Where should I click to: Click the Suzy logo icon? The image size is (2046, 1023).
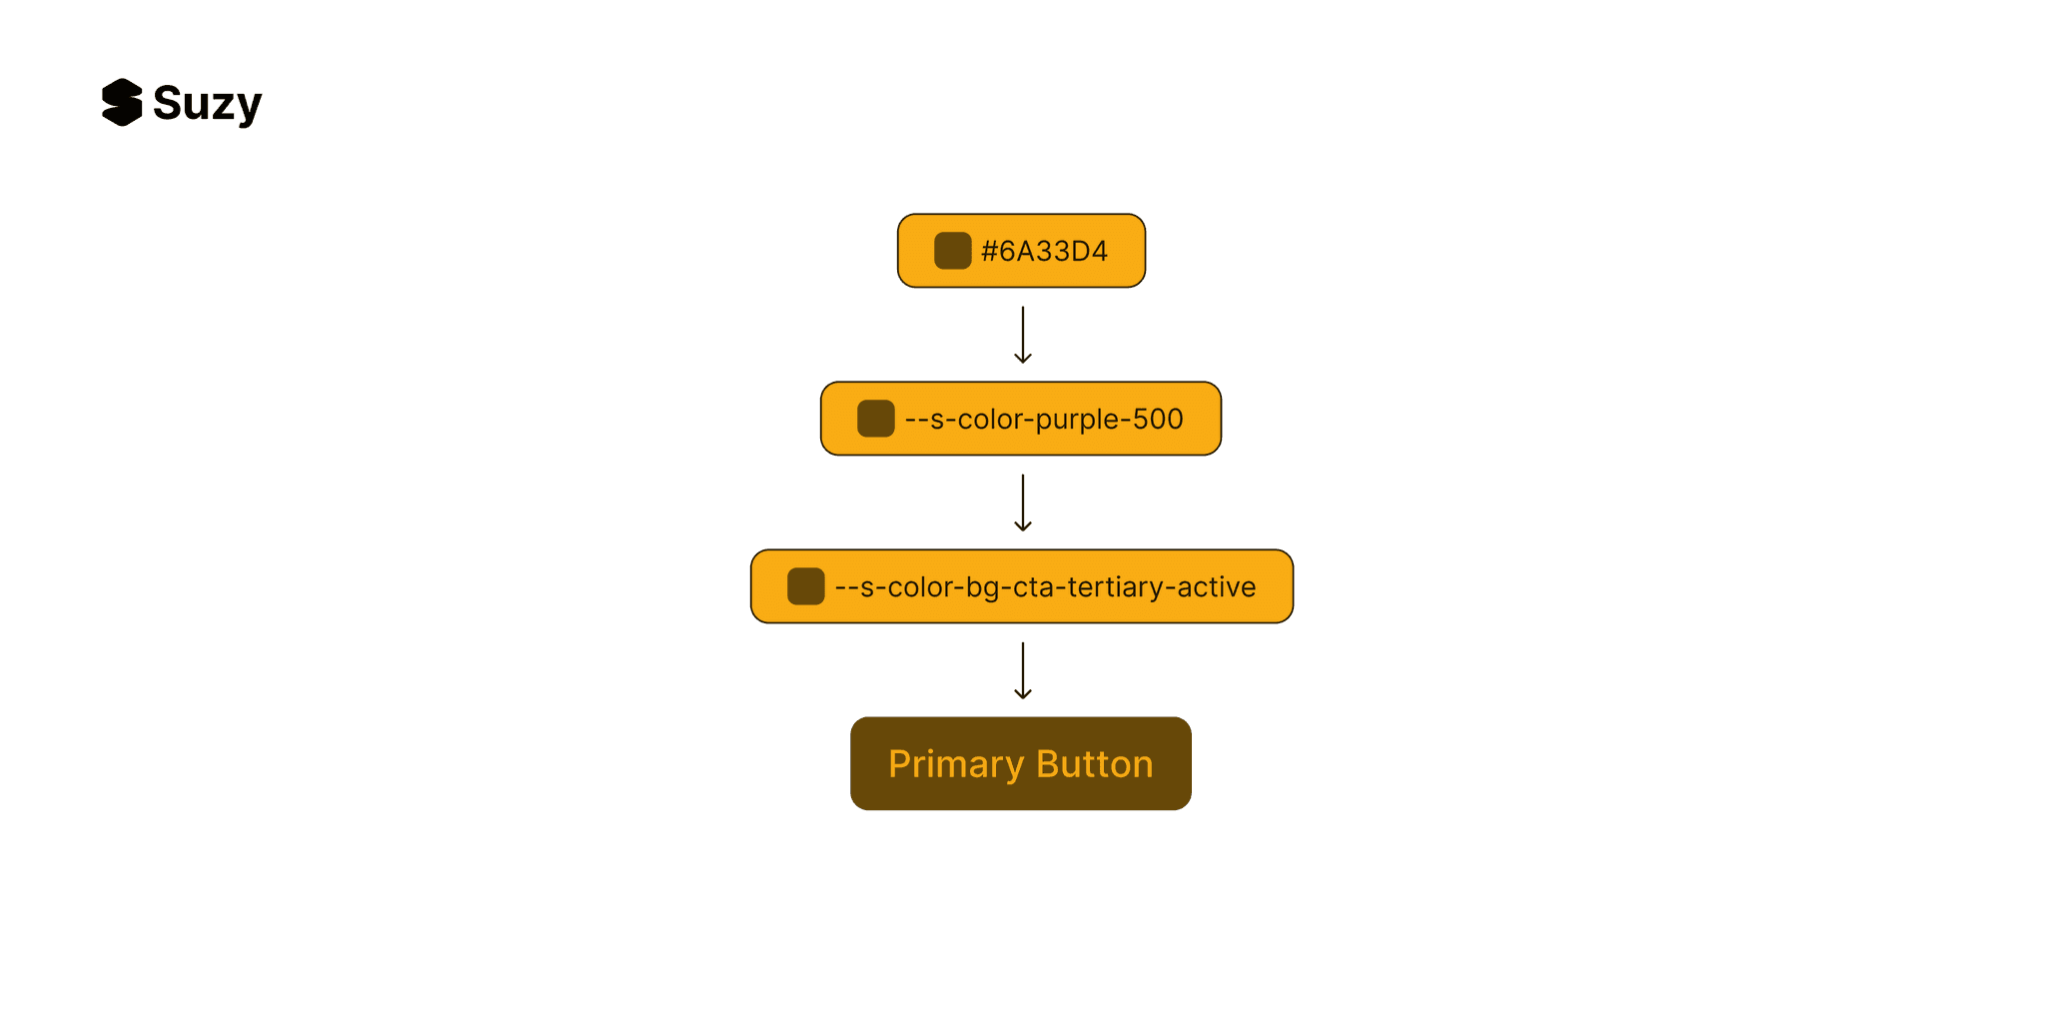(122, 103)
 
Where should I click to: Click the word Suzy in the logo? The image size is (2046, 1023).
(207, 104)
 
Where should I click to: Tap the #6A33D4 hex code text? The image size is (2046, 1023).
(1044, 252)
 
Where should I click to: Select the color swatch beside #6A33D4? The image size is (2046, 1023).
(952, 251)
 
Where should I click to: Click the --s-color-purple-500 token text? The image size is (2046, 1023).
(1043, 420)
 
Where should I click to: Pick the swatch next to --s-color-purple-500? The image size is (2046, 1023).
(875, 419)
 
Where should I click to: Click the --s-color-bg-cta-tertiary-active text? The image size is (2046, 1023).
(1045, 587)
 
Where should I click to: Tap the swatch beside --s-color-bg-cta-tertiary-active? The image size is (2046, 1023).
(805, 586)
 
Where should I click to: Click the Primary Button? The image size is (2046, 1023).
(1020, 763)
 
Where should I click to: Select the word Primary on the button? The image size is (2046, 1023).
(956, 765)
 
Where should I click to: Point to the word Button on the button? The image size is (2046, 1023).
(1095, 764)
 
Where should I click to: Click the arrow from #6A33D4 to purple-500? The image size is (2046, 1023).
(1022, 336)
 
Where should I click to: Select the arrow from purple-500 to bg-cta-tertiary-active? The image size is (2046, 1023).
(1022, 504)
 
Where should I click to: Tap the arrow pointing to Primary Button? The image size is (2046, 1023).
(1022, 671)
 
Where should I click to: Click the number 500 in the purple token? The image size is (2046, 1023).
(1158, 420)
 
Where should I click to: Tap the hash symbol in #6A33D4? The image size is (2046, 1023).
(989, 252)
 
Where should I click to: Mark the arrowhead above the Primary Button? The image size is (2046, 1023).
(1022, 694)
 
